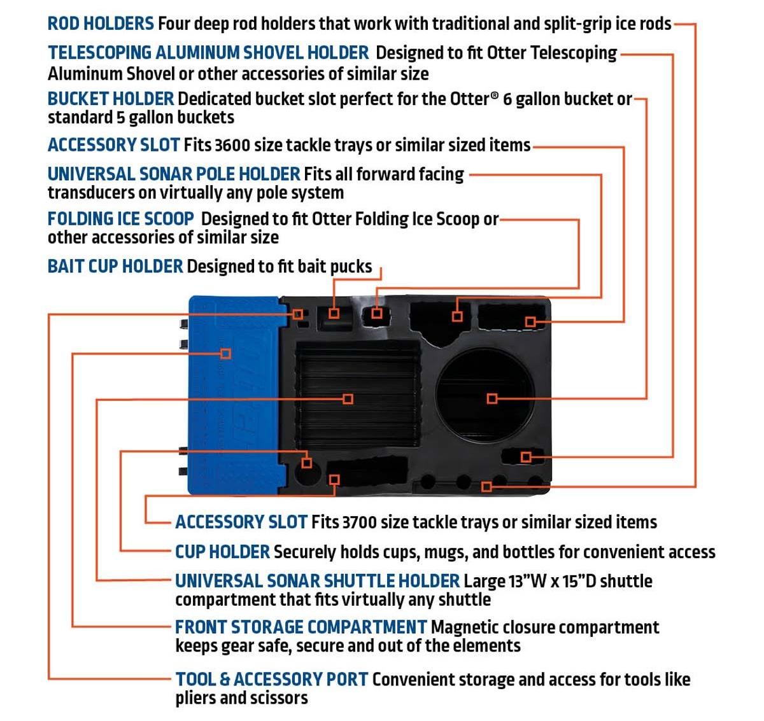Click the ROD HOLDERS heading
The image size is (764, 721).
[x=101, y=24]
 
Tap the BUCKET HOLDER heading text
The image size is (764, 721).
[x=111, y=99]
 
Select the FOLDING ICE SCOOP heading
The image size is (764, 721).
[x=121, y=219]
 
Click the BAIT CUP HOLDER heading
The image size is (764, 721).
[x=115, y=266]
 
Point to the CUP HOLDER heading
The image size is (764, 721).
[x=223, y=552]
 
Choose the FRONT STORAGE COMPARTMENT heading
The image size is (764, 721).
[x=301, y=627]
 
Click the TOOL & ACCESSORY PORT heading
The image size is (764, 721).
[x=272, y=680]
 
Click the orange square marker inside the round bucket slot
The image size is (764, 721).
[x=492, y=398]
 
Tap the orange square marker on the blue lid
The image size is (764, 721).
[x=225, y=353]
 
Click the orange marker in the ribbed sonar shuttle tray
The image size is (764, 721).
[x=348, y=398]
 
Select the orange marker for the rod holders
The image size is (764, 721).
[x=486, y=487]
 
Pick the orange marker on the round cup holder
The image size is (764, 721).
[x=307, y=463]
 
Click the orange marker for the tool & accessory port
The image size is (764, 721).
[x=298, y=314]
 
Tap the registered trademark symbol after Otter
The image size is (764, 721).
[x=495, y=96]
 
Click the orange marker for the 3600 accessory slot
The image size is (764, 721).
[x=530, y=321]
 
